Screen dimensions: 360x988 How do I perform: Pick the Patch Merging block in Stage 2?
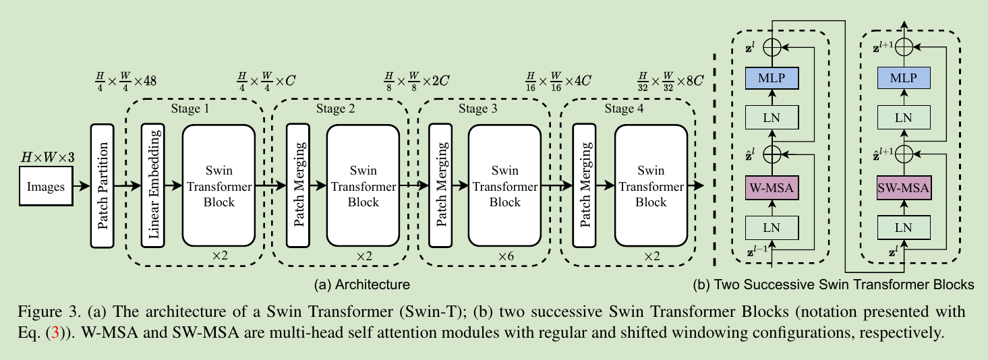click(x=297, y=185)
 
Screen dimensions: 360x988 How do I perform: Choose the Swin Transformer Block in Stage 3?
click(x=504, y=185)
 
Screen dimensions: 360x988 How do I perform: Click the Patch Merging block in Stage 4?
click(x=583, y=185)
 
